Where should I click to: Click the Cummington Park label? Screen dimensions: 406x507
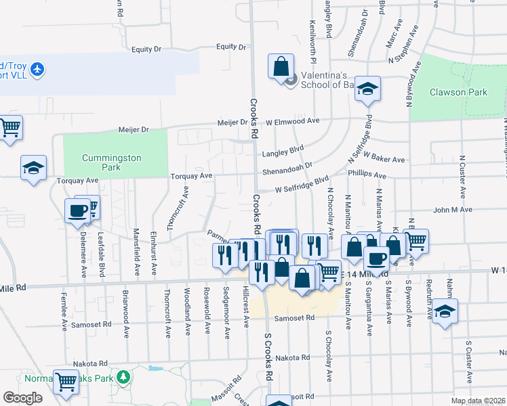click(x=111, y=162)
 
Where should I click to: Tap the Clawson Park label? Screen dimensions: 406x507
click(x=458, y=92)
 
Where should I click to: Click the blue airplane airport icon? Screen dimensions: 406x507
click(x=37, y=69)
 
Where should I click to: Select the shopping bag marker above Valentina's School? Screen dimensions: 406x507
click(x=281, y=66)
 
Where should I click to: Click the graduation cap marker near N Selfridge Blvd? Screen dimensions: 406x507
click(x=367, y=89)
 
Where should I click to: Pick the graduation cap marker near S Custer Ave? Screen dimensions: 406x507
click(x=445, y=311)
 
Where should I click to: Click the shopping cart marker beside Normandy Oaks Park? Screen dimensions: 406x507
click(x=66, y=382)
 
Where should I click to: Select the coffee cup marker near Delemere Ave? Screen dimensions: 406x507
click(x=77, y=210)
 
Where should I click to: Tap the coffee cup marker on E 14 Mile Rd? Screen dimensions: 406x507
click(x=376, y=258)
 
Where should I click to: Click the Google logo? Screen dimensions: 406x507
click(x=22, y=398)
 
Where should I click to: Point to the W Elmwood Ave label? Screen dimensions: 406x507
click(x=292, y=121)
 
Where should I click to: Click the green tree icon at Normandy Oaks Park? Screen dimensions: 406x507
click(x=123, y=376)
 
